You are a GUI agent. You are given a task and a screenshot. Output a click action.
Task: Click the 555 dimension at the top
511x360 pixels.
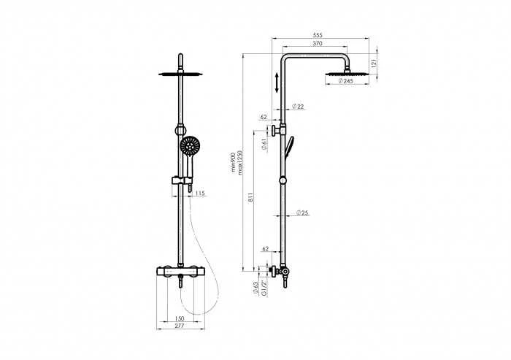point(318,35)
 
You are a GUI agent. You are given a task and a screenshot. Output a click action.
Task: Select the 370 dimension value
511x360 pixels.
point(318,43)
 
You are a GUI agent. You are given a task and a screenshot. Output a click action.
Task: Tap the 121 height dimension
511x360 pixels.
point(374,63)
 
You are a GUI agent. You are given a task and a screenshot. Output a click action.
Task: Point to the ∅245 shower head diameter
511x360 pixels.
point(346,81)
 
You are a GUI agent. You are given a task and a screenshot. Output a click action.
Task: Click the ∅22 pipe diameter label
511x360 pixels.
point(298,107)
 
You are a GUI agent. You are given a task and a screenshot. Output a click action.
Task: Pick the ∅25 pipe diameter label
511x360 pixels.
point(302,213)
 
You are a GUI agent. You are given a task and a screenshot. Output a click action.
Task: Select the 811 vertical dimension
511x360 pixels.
point(250,198)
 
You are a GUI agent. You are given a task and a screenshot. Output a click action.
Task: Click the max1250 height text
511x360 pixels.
point(240,163)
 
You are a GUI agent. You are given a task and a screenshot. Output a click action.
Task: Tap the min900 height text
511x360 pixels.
point(234,163)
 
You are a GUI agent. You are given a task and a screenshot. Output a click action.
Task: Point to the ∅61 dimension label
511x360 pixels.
point(264,144)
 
